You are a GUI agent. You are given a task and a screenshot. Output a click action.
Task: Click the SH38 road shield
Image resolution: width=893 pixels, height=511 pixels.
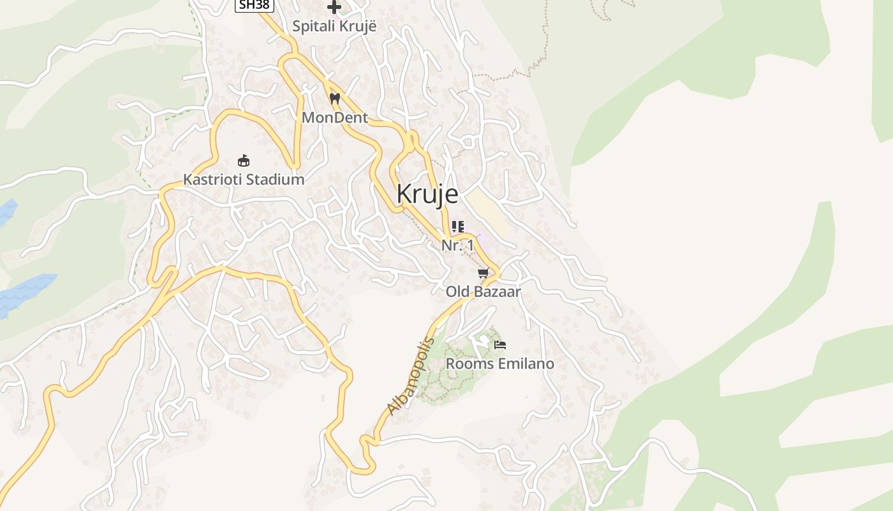pyautogui.click(x=255, y=5)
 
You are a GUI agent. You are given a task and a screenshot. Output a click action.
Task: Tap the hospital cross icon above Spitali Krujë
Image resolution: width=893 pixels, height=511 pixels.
pyautogui.click(x=334, y=7)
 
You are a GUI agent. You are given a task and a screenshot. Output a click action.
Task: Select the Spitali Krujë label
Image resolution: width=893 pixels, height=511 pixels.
pyautogui.click(x=334, y=27)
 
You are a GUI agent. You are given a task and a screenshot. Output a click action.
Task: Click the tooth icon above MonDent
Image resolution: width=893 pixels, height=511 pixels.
pyautogui.click(x=334, y=99)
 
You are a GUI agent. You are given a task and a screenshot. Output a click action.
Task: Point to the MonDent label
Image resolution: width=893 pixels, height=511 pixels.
pyautogui.click(x=335, y=118)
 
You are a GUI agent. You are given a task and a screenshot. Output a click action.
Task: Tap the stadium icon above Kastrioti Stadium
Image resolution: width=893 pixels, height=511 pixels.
pyautogui.click(x=243, y=160)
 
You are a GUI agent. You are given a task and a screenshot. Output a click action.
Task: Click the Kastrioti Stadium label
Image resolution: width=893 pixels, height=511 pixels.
pyautogui.click(x=244, y=179)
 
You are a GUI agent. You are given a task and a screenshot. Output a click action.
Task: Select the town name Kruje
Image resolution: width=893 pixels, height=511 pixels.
pyautogui.click(x=427, y=194)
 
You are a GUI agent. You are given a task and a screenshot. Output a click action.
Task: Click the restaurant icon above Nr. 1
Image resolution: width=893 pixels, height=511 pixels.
pyautogui.click(x=457, y=227)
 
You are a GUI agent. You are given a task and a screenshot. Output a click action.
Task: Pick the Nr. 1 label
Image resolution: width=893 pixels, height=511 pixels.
pyautogui.click(x=457, y=245)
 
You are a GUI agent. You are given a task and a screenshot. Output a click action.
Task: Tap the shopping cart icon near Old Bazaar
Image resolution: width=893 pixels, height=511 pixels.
pyautogui.click(x=483, y=273)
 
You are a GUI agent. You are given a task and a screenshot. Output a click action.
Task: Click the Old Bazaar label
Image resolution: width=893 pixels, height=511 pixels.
pyautogui.click(x=483, y=292)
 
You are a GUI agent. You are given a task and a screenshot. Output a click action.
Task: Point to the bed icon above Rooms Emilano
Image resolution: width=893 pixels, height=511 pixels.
pyautogui.click(x=500, y=345)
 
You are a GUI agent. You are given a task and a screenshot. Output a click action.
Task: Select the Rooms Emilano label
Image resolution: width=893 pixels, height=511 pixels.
pyautogui.click(x=499, y=364)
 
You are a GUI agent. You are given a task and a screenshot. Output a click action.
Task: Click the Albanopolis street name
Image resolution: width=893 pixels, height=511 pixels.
pyautogui.click(x=411, y=376)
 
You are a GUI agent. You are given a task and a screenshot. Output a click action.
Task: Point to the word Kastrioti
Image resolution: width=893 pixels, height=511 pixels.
pyautogui.click(x=212, y=179)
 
